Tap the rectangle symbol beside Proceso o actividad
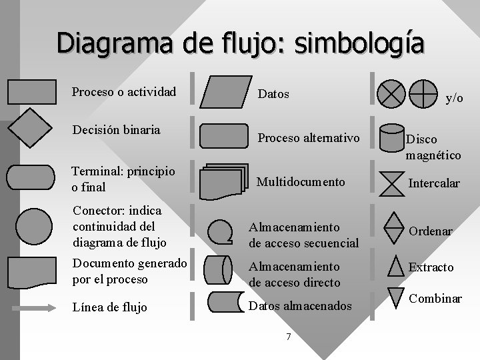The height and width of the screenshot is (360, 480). [x=31, y=92]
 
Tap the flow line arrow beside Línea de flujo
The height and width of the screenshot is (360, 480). [x=31, y=308]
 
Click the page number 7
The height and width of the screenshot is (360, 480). [x=288, y=337]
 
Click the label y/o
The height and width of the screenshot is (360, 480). [x=454, y=98]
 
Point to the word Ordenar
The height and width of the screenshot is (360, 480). [x=430, y=231]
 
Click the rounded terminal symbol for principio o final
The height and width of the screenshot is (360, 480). [x=31, y=177]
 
